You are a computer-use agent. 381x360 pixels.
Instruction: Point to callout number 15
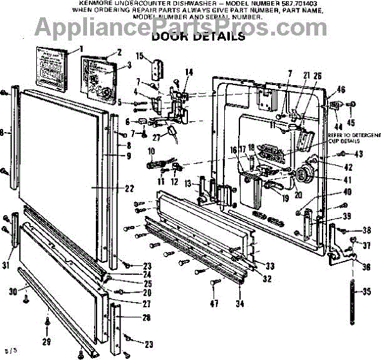click(140, 55)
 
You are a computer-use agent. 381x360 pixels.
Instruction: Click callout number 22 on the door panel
click(129, 188)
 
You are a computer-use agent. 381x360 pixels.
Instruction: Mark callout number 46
click(341, 90)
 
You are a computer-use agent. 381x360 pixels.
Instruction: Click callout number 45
click(351, 123)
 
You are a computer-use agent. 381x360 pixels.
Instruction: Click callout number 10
click(151, 150)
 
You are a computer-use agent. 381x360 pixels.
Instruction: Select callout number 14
click(188, 72)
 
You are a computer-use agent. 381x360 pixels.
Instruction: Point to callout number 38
click(366, 230)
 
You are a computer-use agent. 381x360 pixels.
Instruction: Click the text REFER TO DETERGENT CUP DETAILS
click(352, 138)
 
